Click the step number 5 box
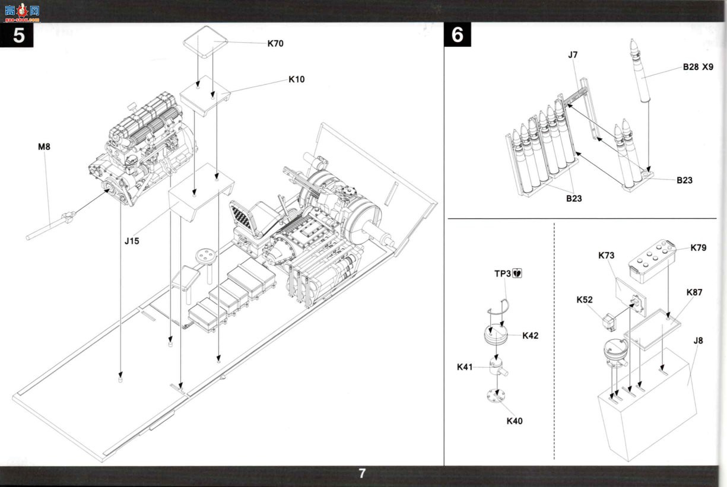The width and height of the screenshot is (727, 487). (x=17, y=35)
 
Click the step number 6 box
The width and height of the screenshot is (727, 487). (x=458, y=35)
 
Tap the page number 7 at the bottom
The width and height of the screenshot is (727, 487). (x=362, y=473)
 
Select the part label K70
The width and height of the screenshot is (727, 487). (x=275, y=43)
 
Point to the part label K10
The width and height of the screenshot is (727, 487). (x=297, y=79)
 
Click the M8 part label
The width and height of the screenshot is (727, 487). (x=44, y=147)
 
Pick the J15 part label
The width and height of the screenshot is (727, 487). (x=132, y=241)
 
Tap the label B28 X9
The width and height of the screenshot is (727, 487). (x=698, y=67)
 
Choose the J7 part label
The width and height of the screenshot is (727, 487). (x=573, y=55)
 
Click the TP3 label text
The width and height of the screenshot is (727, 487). (x=503, y=273)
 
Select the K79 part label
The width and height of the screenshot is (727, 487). (x=698, y=247)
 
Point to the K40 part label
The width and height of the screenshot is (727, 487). (x=515, y=421)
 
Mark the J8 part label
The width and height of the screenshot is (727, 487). (x=698, y=340)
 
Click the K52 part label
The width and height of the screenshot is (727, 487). (x=584, y=300)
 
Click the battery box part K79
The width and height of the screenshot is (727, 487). (x=652, y=260)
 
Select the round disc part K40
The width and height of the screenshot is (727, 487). (x=496, y=396)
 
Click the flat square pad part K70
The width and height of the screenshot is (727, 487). (x=205, y=42)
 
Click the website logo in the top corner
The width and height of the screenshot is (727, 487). (x=22, y=12)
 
